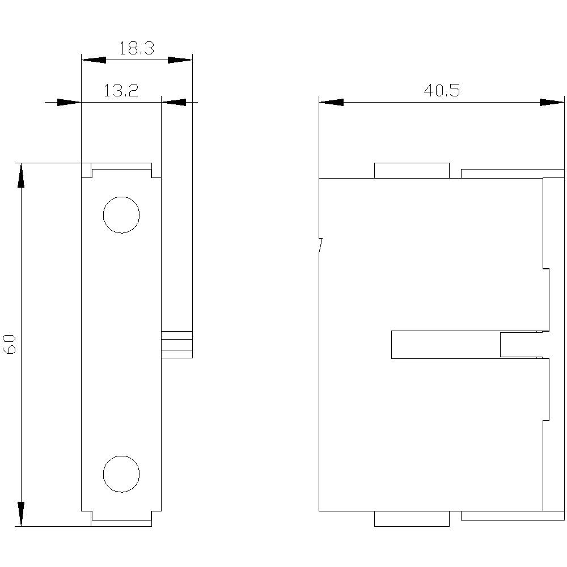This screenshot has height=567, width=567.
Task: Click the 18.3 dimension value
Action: [137, 49]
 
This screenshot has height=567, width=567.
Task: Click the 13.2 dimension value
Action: [121, 91]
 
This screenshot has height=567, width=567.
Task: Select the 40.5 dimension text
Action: [442, 91]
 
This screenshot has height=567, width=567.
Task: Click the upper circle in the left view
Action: [121, 215]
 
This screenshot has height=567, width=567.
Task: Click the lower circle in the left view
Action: [121, 473]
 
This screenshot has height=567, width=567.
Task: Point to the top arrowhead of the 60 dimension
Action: [22, 175]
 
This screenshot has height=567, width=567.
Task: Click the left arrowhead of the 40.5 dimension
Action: [331, 103]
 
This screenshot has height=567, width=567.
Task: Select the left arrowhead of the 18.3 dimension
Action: [94, 60]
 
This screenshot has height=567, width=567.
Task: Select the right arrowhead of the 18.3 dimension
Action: [180, 60]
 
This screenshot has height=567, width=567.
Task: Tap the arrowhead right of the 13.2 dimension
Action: [174, 103]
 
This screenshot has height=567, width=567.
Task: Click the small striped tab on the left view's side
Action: [177, 344]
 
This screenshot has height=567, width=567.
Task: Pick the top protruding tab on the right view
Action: [412, 171]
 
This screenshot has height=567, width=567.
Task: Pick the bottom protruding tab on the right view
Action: [412, 518]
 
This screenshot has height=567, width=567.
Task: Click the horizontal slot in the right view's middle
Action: [446, 345]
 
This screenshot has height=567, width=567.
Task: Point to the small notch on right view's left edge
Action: [321, 246]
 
